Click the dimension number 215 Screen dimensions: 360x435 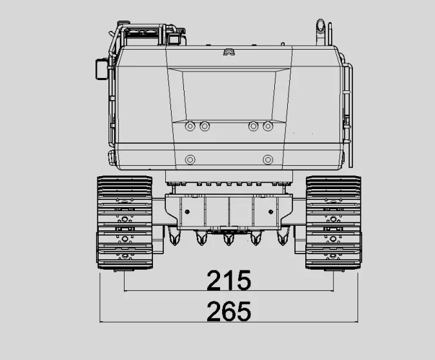(x=228, y=281)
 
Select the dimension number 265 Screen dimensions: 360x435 (x=228, y=312)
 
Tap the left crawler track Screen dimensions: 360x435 (x=124, y=222)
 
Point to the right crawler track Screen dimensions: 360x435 (x=332, y=222)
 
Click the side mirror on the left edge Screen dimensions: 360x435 (x=101, y=68)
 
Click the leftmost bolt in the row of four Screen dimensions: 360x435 (x=190, y=126)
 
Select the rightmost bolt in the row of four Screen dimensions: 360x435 (x=268, y=126)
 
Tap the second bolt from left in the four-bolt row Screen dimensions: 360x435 (x=205, y=126)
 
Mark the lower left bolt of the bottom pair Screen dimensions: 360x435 (x=190, y=159)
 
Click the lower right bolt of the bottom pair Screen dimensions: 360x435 (x=268, y=159)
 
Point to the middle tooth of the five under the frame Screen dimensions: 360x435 (x=228, y=240)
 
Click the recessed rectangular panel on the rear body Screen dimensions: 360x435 (x=229, y=94)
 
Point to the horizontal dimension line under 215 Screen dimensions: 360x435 (x=228, y=291)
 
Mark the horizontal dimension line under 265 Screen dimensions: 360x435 (x=228, y=321)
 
